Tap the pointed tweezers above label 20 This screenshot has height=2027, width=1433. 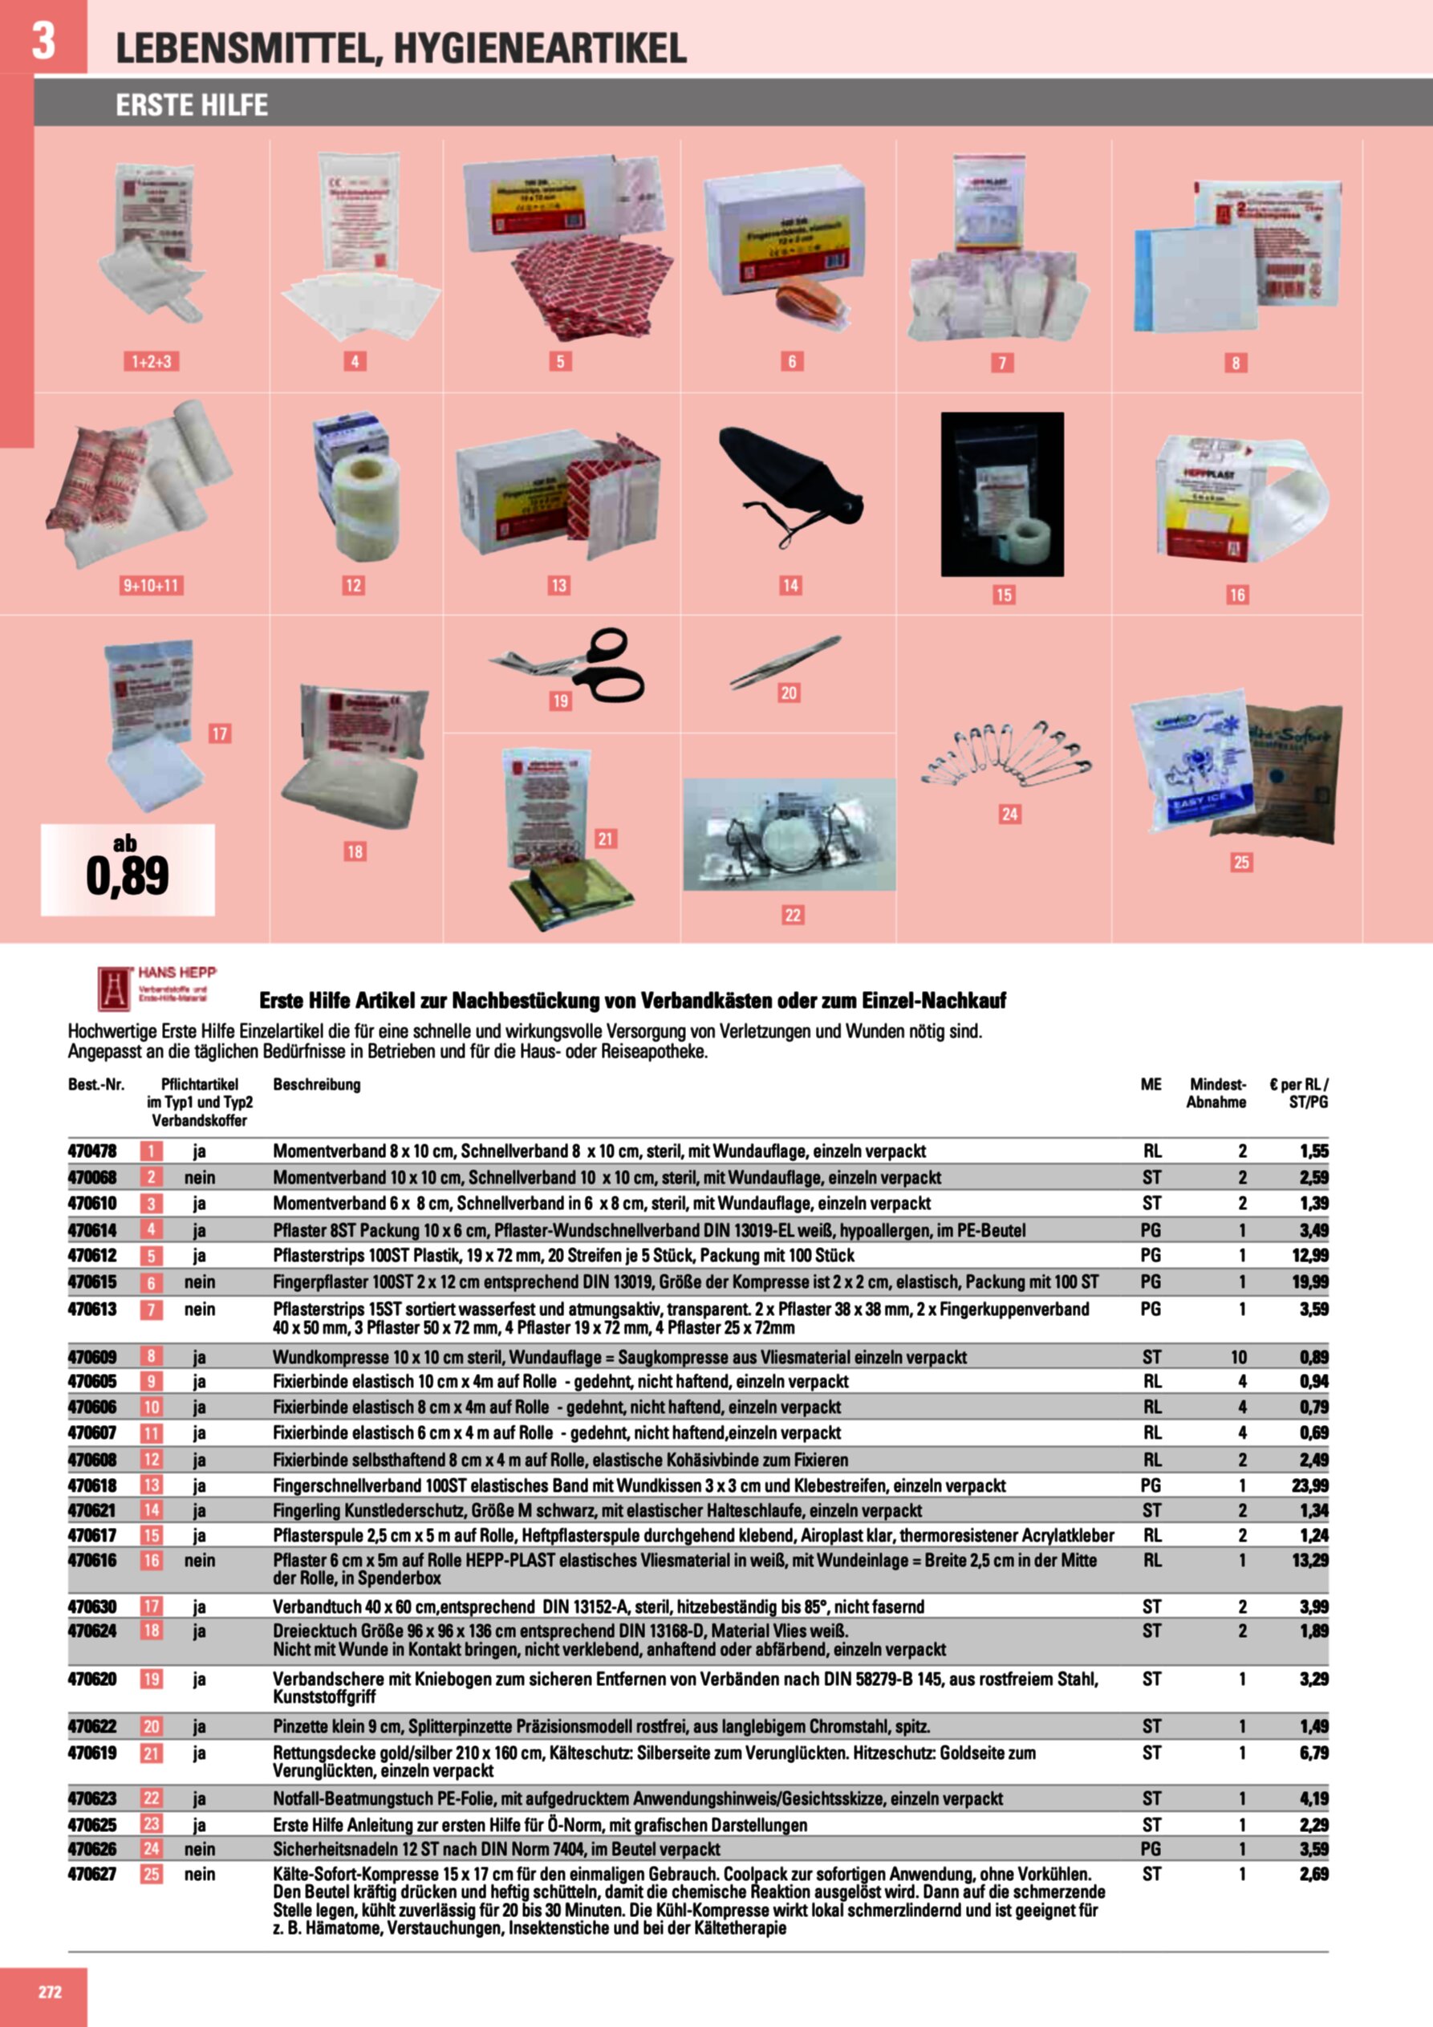(x=785, y=660)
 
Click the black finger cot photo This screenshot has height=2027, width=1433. (x=789, y=487)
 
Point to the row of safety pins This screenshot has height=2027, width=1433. (x=1005, y=755)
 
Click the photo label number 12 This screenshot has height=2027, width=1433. (x=353, y=585)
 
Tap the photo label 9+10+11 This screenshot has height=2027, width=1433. (x=151, y=585)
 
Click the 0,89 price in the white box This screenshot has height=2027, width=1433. (x=127, y=875)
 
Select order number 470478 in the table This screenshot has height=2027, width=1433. (x=91, y=1152)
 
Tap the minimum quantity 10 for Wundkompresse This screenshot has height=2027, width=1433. (x=1238, y=1357)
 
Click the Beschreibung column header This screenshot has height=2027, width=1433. (x=316, y=1084)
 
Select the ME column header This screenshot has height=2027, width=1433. (x=1151, y=1084)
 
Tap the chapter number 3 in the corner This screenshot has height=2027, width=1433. (x=43, y=40)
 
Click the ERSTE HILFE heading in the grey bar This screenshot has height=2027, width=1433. (x=192, y=105)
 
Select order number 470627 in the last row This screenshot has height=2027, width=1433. (x=91, y=1875)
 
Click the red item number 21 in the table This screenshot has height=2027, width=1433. (x=152, y=1753)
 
